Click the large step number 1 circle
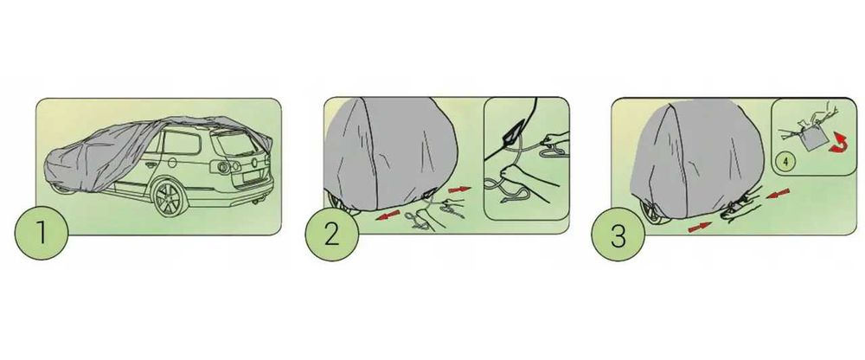pos(42,233)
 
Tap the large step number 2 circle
pos(331,235)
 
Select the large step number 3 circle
pos(618,235)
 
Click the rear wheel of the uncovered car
pos(170,197)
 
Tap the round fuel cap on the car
pos(172,163)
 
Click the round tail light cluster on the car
pos(222,167)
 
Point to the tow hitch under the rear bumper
pos(256,202)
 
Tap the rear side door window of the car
pos(181,143)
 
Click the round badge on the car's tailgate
pos(254,163)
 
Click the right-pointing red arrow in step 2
pos(459,190)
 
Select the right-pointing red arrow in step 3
pos(700,227)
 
